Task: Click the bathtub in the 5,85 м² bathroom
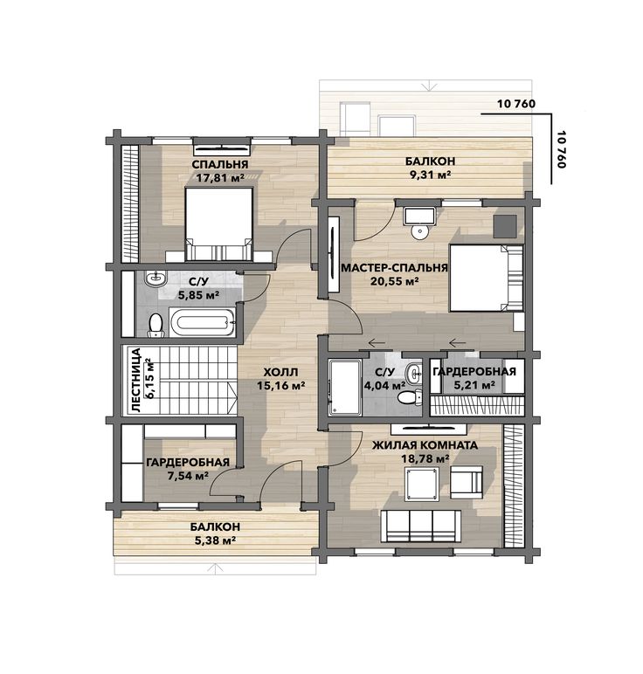(x=202, y=322)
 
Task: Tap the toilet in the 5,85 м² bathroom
(x=156, y=325)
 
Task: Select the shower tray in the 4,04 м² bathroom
(x=345, y=388)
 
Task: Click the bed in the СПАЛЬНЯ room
(x=218, y=224)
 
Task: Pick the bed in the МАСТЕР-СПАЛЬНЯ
(x=486, y=278)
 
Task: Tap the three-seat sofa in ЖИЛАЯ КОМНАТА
(x=421, y=526)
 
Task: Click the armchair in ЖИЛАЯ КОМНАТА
(x=467, y=482)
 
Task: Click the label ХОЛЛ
(x=280, y=372)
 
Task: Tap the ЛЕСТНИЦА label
(x=136, y=380)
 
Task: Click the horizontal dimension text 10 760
(x=516, y=104)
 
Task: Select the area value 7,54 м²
(x=189, y=476)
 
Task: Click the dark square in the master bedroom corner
(x=504, y=225)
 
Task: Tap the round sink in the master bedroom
(x=419, y=231)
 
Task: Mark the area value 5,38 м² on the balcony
(x=215, y=540)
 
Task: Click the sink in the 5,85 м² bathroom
(x=155, y=279)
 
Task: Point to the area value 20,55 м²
(x=394, y=281)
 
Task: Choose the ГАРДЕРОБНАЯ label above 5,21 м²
(x=474, y=372)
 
